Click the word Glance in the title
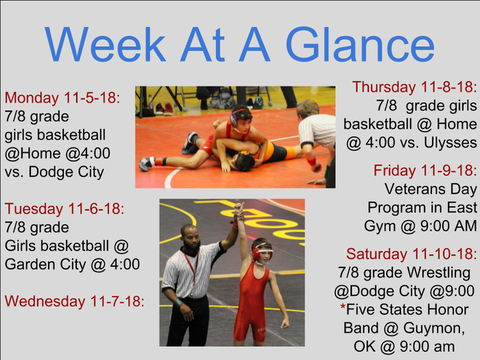tap(360, 45)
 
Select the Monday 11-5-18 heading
tap(62, 98)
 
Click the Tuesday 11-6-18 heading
tap(64, 208)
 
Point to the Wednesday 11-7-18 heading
tap(74, 301)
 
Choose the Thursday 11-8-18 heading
tap(414, 87)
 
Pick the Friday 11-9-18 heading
tap(425, 171)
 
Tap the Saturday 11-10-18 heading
tap(411, 254)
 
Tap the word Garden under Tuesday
tap(30, 264)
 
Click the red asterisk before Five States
tap(343, 307)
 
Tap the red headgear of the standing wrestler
tap(261, 252)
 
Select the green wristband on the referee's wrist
tap(178, 303)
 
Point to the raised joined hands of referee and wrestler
tap(239, 211)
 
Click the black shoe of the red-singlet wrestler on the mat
tap(190, 143)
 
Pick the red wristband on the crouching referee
tap(311, 161)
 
